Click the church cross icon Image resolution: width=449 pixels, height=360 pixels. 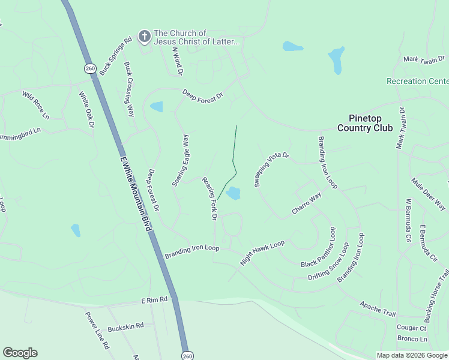point(144,37)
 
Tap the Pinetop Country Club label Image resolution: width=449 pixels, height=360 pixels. point(364,123)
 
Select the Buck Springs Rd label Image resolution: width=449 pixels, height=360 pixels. point(115,57)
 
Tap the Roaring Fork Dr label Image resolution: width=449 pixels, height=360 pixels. point(209,198)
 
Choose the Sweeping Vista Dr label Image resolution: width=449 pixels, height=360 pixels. point(271,169)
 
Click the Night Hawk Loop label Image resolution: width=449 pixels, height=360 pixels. point(262,253)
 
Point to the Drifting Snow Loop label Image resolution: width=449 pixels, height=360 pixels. point(328,262)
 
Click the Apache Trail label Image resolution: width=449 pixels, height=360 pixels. point(378,310)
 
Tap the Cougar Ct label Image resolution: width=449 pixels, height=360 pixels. point(411,328)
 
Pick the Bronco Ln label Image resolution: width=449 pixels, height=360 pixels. point(411,339)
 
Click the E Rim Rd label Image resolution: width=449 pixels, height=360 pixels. point(154,299)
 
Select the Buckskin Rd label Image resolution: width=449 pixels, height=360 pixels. point(125,326)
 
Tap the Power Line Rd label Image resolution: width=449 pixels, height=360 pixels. point(97,330)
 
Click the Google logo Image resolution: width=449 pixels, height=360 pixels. point(20,353)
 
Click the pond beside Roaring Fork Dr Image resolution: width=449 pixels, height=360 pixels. point(233,193)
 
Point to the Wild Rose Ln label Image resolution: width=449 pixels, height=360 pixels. point(36,104)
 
